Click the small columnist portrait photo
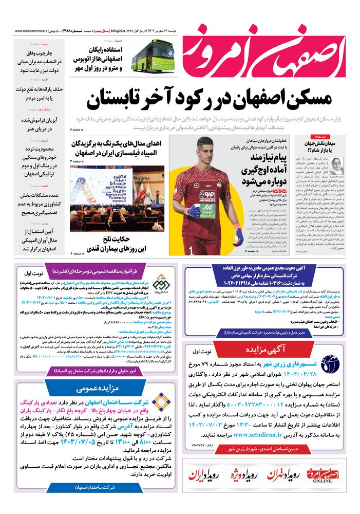[x=338, y=166]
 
